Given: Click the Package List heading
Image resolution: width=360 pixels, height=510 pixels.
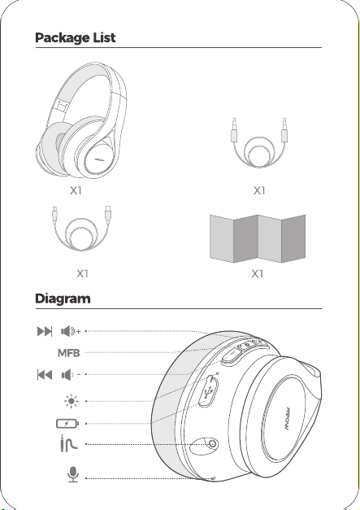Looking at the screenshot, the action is click(x=75, y=37).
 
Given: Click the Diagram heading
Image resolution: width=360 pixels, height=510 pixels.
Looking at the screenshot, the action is click(x=63, y=299).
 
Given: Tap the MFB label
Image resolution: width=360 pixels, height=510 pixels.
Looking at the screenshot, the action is click(x=68, y=353).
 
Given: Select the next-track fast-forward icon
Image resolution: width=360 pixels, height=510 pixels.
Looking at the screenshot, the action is click(x=45, y=331).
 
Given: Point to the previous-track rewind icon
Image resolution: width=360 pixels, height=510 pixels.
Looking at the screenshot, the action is click(x=45, y=375).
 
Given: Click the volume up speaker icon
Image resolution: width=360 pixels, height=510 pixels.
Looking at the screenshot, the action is click(x=71, y=331).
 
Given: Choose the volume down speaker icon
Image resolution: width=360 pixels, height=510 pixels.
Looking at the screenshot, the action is click(x=71, y=375).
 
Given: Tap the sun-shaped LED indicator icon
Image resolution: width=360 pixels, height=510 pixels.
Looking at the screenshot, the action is click(x=72, y=401).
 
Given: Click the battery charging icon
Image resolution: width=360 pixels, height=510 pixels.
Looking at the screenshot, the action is click(x=67, y=424).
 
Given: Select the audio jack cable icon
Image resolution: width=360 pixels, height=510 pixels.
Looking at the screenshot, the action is click(x=68, y=443).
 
